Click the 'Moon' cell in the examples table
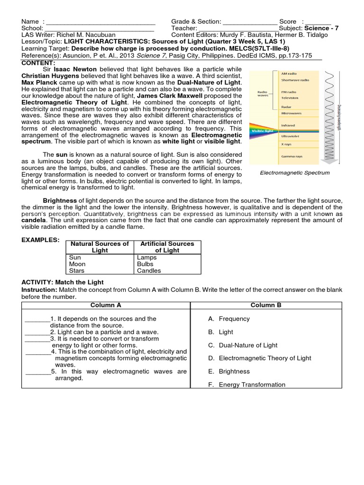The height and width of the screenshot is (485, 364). pos(77,264)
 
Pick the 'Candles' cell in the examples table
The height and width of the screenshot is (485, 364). pos(149,270)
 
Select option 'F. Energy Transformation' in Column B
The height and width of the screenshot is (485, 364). pos(246,385)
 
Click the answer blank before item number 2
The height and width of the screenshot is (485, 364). pos(36,332)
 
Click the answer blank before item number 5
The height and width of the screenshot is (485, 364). pos(37,372)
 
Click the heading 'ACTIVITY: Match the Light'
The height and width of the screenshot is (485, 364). pos(63,282)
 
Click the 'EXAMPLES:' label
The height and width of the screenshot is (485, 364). pos(41,240)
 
